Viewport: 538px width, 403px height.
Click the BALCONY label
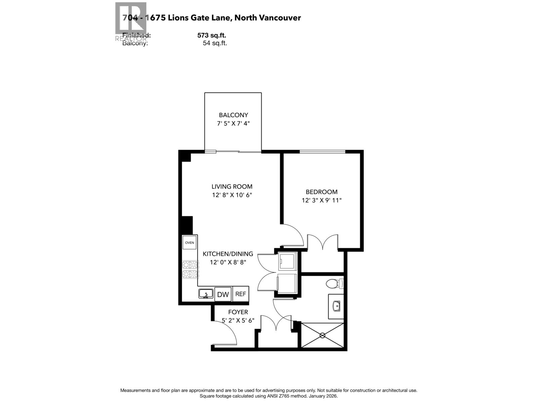[x=233, y=115]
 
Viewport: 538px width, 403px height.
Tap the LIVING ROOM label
[x=232, y=186]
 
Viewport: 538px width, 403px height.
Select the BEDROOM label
[x=321, y=192]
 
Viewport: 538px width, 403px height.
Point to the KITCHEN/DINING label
[x=228, y=254]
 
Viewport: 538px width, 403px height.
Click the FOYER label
[x=238, y=312]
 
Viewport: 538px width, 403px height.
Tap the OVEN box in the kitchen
[x=189, y=242]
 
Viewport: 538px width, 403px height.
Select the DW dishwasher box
[x=223, y=295]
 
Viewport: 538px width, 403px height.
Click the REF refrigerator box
[x=240, y=294]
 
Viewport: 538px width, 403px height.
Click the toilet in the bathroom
[x=333, y=284]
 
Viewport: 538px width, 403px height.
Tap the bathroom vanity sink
[x=336, y=306]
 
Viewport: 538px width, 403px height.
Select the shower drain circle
[x=322, y=335]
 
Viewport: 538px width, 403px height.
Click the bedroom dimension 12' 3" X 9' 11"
[x=321, y=200]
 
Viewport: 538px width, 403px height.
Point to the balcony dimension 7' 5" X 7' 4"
[x=233, y=124]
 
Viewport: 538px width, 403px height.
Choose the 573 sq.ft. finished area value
[x=212, y=35]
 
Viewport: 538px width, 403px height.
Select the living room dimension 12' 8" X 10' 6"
[x=232, y=195]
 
